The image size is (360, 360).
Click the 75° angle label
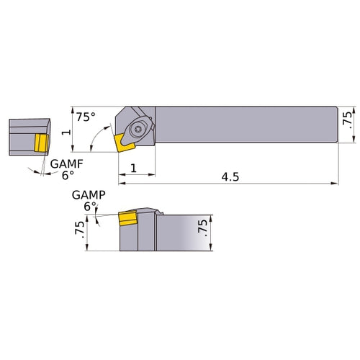pyautogui.click(x=86, y=117)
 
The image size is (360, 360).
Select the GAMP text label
pyautogui.click(x=88, y=194)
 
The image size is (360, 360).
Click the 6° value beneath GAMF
pyautogui.click(x=66, y=175)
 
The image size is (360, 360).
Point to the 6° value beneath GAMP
pyautogui.click(x=89, y=205)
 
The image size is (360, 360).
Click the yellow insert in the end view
pyautogui.click(x=40, y=143)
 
